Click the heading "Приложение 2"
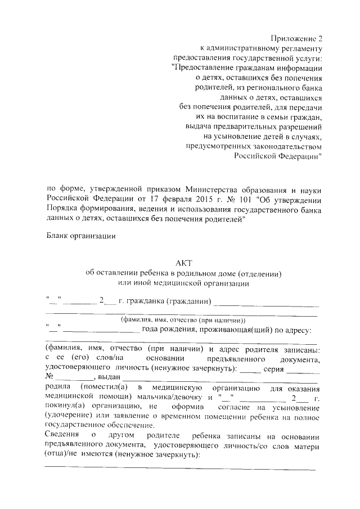point(297,38)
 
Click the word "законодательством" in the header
point(281,146)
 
